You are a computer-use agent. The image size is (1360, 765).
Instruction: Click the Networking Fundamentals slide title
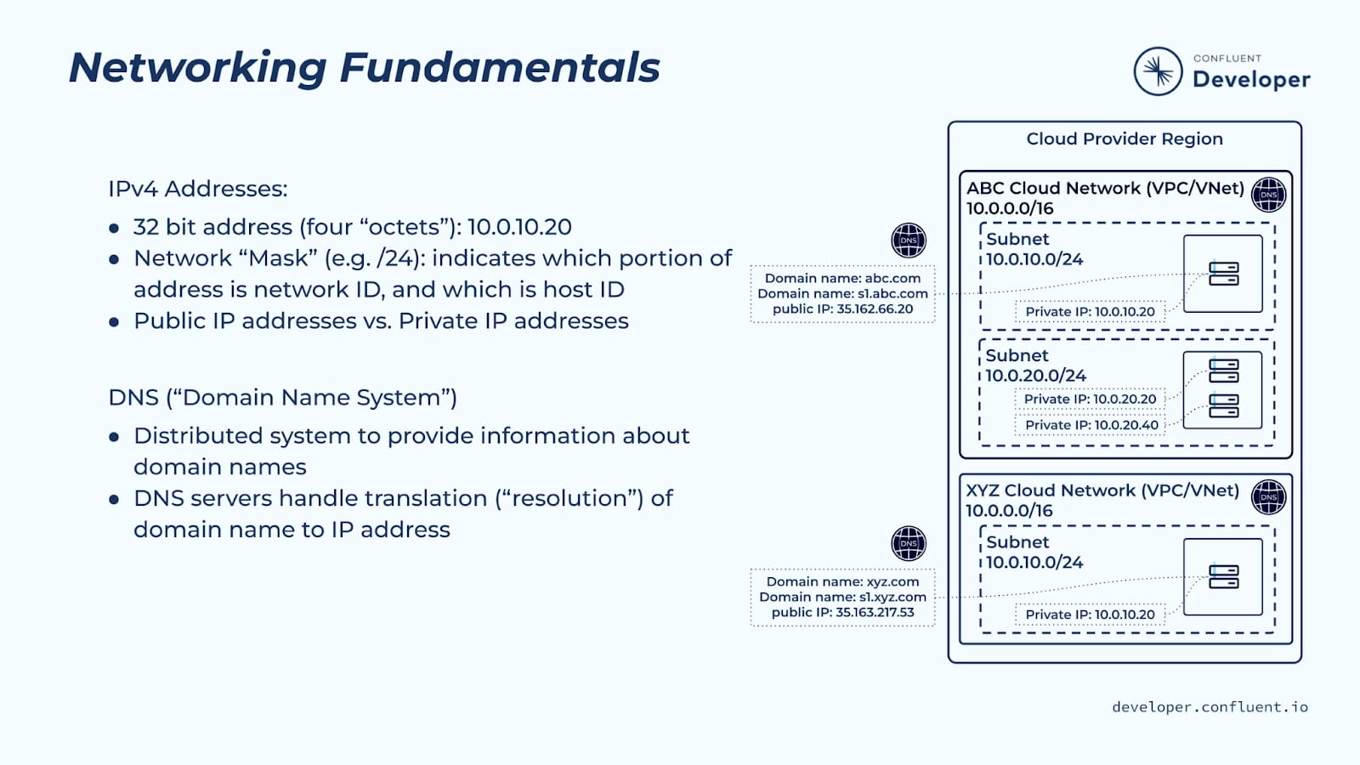click(364, 68)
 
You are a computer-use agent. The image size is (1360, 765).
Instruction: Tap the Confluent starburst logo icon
click(1158, 71)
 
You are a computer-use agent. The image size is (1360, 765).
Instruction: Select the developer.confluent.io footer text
click(1210, 707)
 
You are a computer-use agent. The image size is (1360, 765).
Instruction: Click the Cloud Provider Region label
click(1124, 139)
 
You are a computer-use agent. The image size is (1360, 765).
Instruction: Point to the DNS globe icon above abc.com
click(908, 241)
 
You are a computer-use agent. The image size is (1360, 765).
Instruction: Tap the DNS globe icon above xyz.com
click(908, 544)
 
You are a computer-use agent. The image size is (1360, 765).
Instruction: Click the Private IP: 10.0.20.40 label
click(1091, 425)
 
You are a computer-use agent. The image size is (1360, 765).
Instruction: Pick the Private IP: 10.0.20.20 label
click(1090, 399)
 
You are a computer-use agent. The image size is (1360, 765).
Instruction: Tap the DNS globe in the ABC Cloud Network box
click(1268, 195)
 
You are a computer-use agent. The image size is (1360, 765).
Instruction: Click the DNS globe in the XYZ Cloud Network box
click(1268, 497)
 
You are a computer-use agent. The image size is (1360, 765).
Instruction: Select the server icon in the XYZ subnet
click(1223, 577)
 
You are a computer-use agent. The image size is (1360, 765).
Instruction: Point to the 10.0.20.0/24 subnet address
click(1035, 376)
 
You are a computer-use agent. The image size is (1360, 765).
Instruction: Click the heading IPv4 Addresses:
click(197, 189)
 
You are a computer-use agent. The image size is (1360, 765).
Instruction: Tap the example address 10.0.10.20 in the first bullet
click(519, 227)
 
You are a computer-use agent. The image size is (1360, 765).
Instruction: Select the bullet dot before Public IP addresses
click(114, 322)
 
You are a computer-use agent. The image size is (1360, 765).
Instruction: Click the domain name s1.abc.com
click(892, 294)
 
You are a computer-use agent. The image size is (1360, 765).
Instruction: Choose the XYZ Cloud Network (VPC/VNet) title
click(1102, 490)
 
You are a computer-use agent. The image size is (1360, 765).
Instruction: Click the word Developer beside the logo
click(1251, 80)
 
